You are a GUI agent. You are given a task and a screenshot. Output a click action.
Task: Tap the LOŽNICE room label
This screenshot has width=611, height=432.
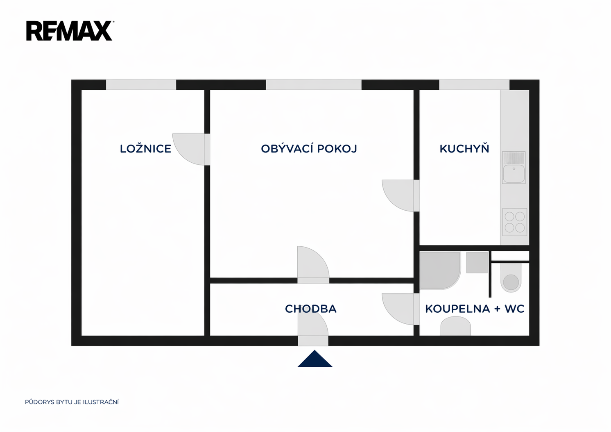pyautogui.click(x=146, y=148)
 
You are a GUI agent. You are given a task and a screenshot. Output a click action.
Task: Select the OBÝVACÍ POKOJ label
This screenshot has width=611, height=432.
pyautogui.click(x=309, y=148)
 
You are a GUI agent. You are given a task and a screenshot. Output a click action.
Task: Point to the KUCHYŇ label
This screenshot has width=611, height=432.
pyautogui.click(x=464, y=148)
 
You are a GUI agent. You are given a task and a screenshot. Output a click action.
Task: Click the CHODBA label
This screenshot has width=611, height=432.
pyautogui.click(x=311, y=309)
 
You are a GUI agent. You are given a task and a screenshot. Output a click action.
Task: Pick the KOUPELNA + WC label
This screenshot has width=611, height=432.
pyautogui.click(x=475, y=309)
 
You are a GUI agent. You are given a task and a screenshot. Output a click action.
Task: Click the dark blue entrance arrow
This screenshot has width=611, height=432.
pyautogui.click(x=315, y=359)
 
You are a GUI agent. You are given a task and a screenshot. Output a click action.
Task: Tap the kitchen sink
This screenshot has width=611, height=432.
pyautogui.click(x=514, y=167)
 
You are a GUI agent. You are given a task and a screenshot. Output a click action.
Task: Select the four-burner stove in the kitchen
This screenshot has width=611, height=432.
pyautogui.click(x=515, y=222)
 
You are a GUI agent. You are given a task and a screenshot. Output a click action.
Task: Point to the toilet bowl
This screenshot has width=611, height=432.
pyautogui.click(x=511, y=278)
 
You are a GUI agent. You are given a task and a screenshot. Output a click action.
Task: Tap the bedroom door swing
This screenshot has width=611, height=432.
pyautogui.click(x=191, y=149)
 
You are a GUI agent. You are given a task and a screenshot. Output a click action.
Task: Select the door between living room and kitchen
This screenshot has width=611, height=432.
pyautogui.click(x=401, y=196)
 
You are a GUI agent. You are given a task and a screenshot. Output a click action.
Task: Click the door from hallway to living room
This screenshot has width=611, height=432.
pyautogui.click(x=313, y=265)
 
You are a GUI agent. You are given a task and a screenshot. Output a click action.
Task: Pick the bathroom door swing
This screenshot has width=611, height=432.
pyautogui.click(x=401, y=309)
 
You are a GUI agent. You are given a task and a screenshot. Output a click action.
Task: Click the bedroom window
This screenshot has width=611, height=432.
pyautogui.click(x=141, y=85)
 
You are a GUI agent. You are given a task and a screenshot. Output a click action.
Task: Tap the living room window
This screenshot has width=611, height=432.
pyautogui.click(x=314, y=85)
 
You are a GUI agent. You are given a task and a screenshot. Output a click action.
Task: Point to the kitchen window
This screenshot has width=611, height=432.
pyautogui.click(x=474, y=85)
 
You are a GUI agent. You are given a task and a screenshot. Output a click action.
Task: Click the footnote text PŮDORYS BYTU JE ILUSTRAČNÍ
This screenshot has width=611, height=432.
pyautogui.click(x=72, y=402)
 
